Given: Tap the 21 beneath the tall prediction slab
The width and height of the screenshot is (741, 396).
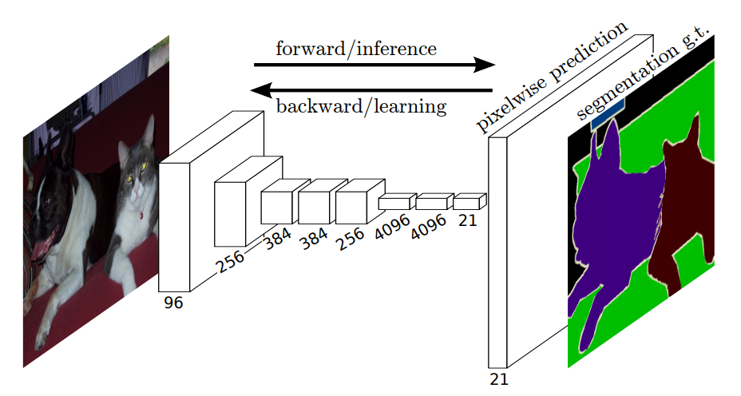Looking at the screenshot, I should [499, 379].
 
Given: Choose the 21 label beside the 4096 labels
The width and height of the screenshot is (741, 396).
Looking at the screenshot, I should [468, 220].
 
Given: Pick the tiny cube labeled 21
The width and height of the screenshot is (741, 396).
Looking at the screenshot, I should [470, 201].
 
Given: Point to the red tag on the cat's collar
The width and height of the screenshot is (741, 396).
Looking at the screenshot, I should [141, 214].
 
